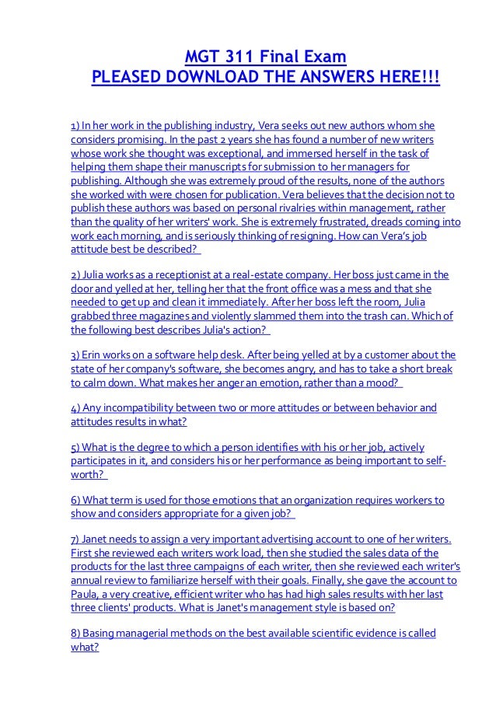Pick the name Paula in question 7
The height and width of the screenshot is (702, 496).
[86, 594]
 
